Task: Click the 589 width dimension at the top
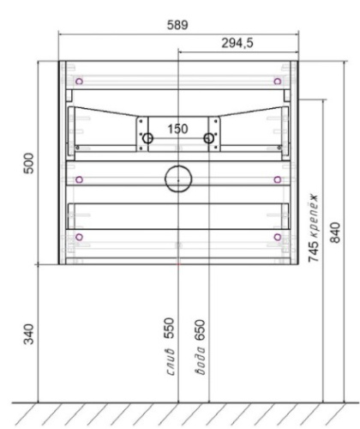coord(177,25)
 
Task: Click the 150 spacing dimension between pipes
coord(177,129)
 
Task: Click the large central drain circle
coord(177,178)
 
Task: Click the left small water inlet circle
coord(147,137)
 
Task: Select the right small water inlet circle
coord(207,137)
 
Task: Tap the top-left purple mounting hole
coord(79,82)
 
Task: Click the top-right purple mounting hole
coord(276,82)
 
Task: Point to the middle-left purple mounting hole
coord(79,179)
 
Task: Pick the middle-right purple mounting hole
coord(276,179)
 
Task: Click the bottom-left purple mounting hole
coord(79,236)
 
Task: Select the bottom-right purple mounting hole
coord(276,236)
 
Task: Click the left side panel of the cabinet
coord(62,163)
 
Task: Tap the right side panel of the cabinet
coord(294,163)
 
